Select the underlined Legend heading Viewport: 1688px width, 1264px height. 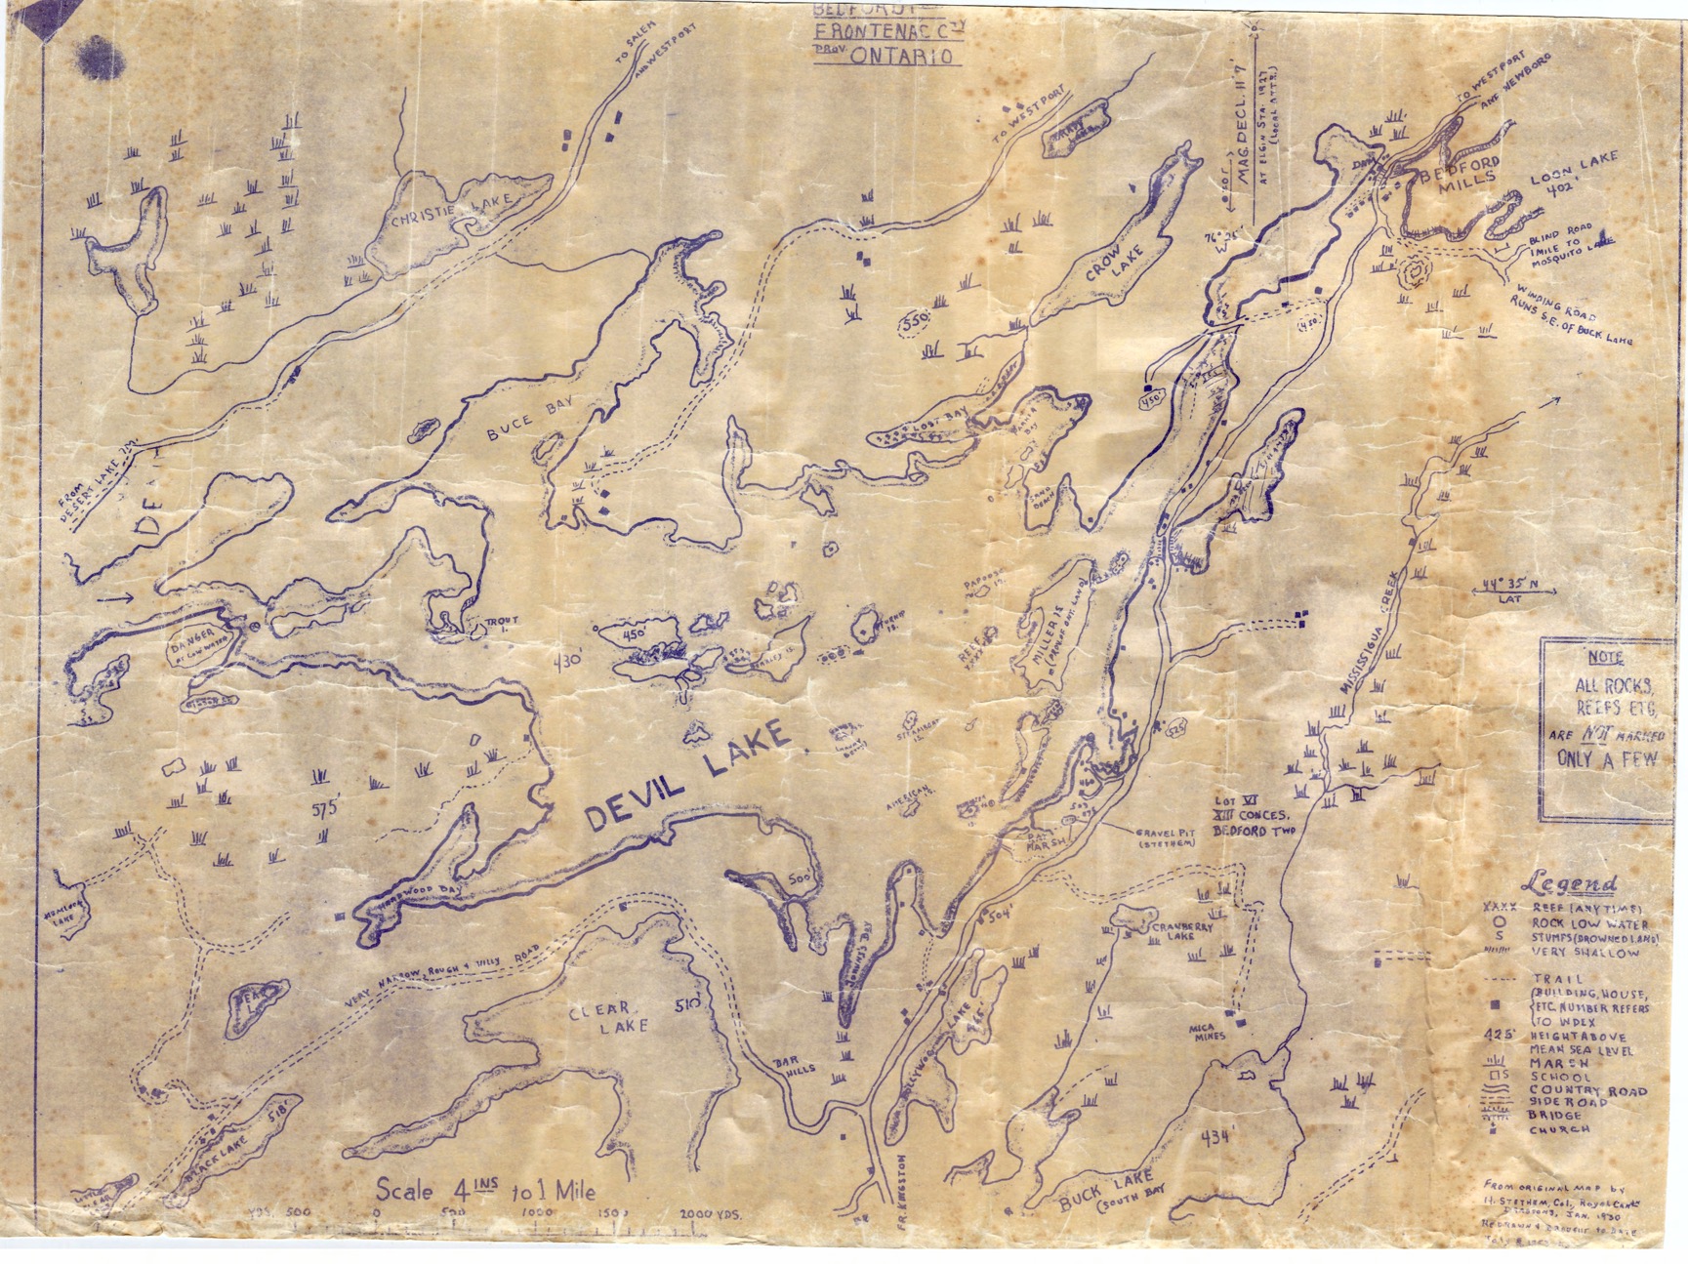[x=1573, y=884]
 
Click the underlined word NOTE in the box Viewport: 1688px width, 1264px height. [x=1604, y=657]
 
